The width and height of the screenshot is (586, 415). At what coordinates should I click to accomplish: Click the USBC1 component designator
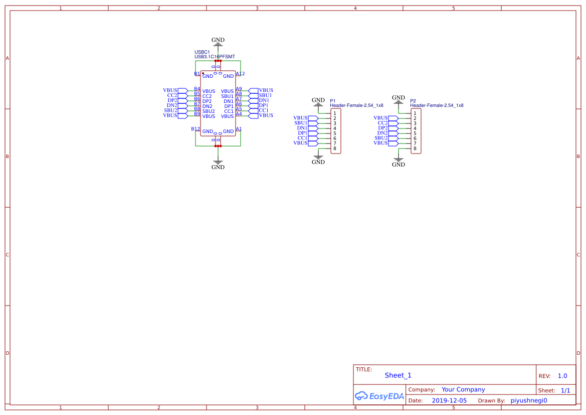point(202,52)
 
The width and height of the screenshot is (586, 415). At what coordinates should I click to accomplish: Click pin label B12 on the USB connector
point(196,129)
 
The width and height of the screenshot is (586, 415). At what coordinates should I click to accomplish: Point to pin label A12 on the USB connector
point(240,74)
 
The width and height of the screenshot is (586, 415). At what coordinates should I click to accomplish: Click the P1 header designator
point(332,101)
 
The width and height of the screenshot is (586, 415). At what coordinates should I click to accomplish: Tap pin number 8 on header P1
point(335,149)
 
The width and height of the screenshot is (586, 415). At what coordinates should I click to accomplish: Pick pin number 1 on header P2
point(415,113)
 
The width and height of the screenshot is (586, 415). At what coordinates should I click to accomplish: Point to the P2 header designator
point(413,101)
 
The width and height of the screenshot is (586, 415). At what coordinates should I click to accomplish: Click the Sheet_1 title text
point(398,375)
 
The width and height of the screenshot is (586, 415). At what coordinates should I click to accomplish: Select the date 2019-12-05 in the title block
point(449,400)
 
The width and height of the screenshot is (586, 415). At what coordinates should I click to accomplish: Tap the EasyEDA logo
point(379,396)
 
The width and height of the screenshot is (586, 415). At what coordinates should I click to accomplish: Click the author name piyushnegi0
point(529,400)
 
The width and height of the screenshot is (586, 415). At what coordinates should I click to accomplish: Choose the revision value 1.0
point(562,376)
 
